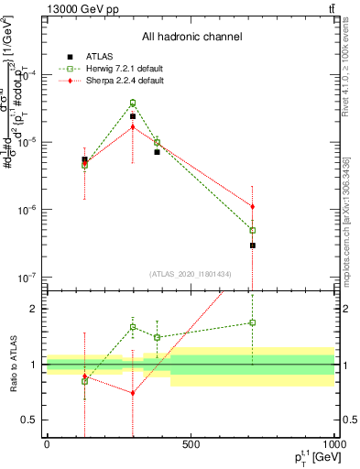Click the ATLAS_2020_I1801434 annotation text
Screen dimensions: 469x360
[x=191, y=274]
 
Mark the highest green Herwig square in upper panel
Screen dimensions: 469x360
[x=133, y=103]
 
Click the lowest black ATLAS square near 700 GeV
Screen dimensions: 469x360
[x=252, y=245]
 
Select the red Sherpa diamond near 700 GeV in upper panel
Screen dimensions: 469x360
[x=252, y=207]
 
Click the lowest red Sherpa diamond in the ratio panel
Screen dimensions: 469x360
[x=133, y=393]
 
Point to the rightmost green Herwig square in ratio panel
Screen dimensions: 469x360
[x=252, y=322]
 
